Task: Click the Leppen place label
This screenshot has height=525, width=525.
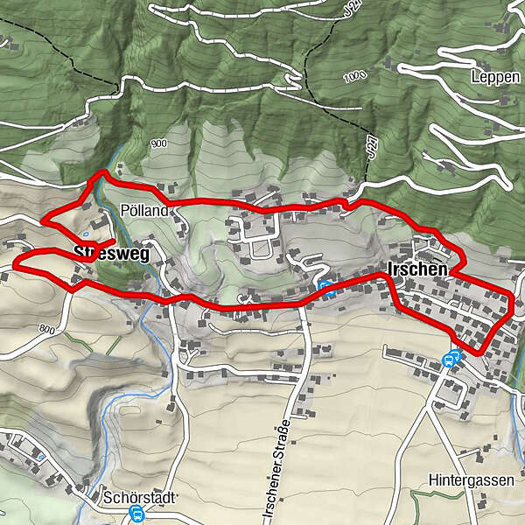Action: point(494,76)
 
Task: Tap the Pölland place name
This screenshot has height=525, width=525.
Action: point(144,211)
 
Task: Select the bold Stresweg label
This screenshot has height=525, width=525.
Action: point(112,254)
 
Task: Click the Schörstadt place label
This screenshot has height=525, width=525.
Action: point(140,496)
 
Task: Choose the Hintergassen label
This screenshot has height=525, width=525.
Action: point(468,480)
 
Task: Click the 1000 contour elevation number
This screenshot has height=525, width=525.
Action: point(352,76)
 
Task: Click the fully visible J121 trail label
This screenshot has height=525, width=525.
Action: point(374,145)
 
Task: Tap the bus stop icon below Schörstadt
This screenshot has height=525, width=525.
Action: point(136,514)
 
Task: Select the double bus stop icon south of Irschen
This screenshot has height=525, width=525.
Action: point(452,358)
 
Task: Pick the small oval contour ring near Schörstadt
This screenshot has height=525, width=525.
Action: point(40,456)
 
